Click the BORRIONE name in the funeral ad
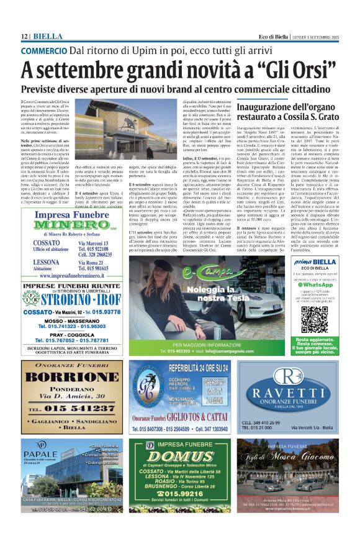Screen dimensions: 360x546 point(72,378)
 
